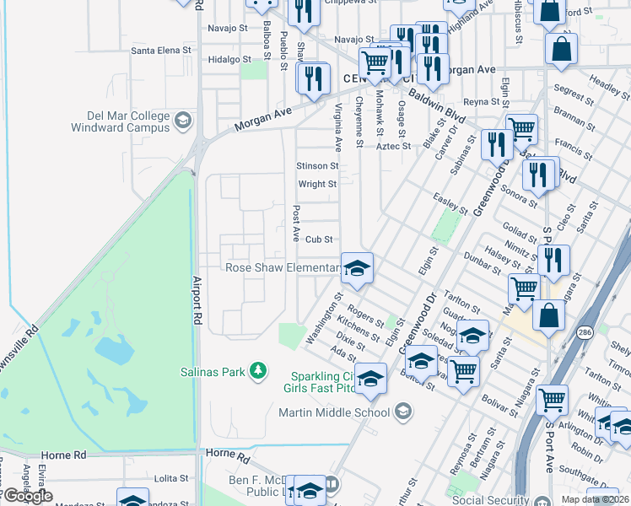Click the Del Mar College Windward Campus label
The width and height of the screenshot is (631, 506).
click(128, 121)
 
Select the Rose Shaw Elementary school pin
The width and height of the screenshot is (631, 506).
click(357, 268)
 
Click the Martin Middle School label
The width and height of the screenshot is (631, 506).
click(334, 412)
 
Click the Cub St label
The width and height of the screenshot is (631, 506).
click(320, 240)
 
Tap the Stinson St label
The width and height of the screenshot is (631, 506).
click(317, 166)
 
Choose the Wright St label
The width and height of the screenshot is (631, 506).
click(317, 184)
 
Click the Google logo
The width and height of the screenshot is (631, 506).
click(27, 496)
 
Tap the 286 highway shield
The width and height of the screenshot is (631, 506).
click(584, 334)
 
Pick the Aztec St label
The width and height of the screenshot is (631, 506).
click(392, 146)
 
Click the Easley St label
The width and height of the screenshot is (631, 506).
click(450, 203)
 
